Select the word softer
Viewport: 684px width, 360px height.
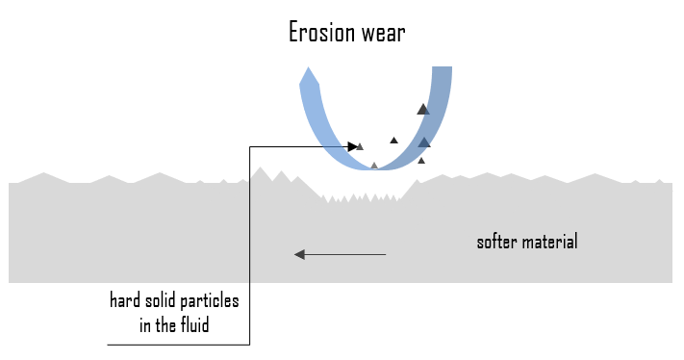coord(497,242)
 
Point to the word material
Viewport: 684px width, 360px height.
coord(549,242)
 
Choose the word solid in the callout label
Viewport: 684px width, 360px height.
coord(162,301)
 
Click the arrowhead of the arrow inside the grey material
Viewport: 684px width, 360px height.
coord(299,254)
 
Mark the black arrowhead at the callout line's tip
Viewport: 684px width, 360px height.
coord(353,146)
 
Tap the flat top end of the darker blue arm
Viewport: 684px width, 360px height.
coord(442,68)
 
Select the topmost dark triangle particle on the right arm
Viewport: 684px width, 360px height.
coord(422,109)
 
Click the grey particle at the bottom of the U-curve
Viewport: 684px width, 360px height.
coord(374,166)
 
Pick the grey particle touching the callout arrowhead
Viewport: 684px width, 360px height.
coord(361,146)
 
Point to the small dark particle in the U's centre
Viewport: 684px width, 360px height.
coord(393,141)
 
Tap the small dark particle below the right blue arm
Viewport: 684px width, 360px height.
coord(421,160)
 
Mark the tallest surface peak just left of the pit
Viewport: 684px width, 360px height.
coord(259,170)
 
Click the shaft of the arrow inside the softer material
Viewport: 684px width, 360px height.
coord(346,254)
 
